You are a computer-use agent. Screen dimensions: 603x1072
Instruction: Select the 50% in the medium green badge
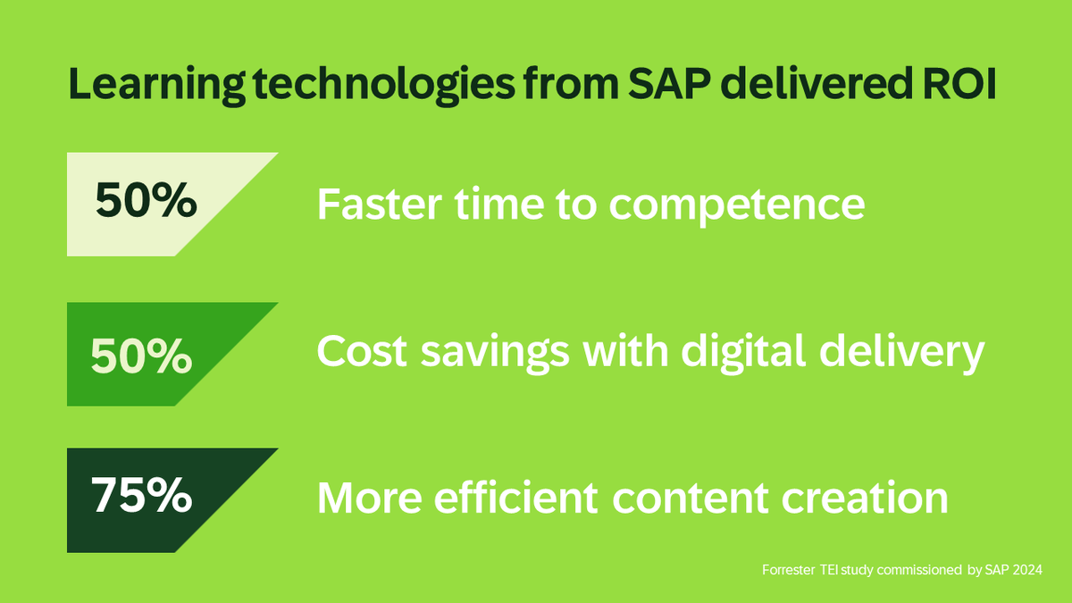pos(142,356)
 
